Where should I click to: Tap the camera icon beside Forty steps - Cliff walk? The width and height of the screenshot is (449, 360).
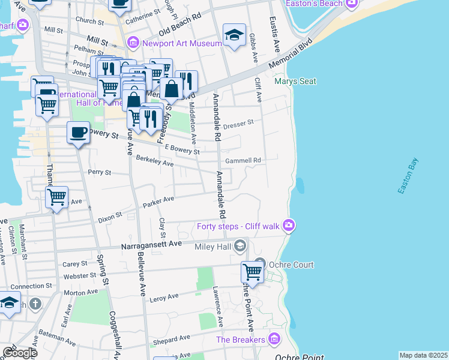(x=289, y=225)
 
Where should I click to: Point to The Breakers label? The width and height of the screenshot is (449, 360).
(x=241, y=340)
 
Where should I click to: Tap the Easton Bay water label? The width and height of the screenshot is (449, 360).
(x=408, y=176)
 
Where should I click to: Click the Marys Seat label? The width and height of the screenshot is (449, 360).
(x=295, y=82)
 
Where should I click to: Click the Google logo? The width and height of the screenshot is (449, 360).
(x=20, y=353)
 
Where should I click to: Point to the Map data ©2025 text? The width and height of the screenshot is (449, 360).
(x=423, y=355)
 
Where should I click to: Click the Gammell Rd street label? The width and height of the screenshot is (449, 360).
(x=243, y=161)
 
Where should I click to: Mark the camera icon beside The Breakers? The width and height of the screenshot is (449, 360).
(x=275, y=340)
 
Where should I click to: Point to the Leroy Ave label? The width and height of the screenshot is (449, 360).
(x=164, y=297)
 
